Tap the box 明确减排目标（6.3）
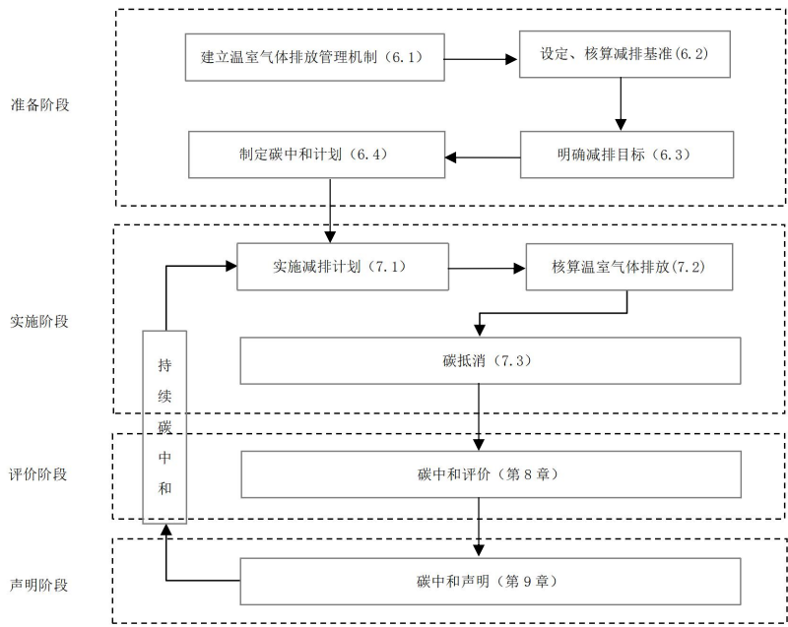tap(626, 156)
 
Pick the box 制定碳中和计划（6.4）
tap(317, 156)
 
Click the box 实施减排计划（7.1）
tap(342, 267)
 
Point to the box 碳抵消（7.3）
tap(491, 360)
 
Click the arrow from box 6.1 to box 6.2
tap(483, 58)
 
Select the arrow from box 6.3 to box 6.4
tap(483, 156)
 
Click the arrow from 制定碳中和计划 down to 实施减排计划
tap(330, 209)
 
